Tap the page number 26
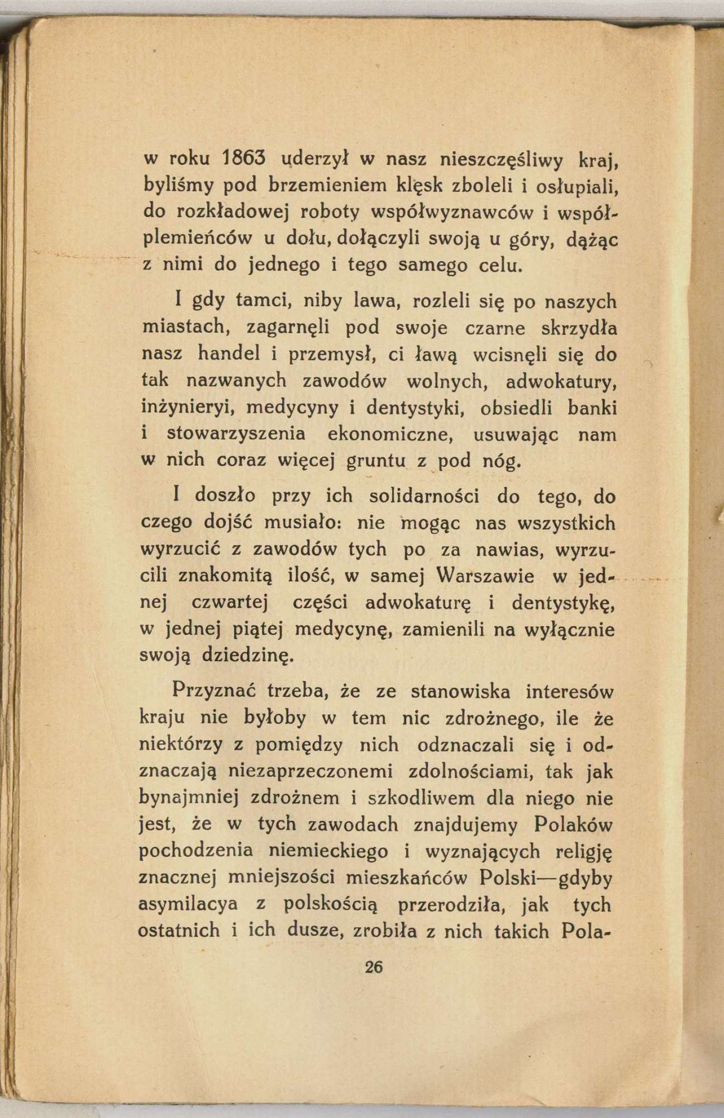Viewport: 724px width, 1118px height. point(373,967)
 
